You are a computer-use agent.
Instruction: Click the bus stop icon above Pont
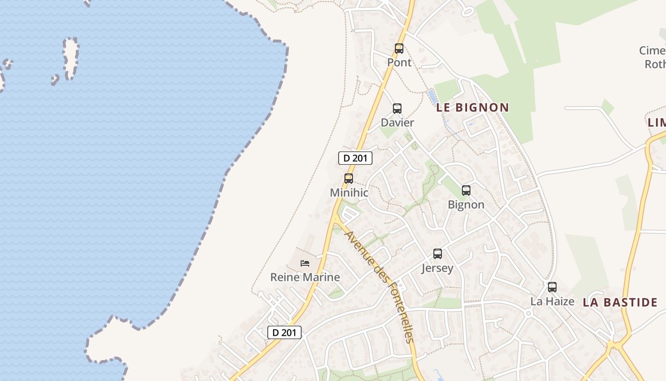click(x=399, y=48)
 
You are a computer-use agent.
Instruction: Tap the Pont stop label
click(x=399, y=62)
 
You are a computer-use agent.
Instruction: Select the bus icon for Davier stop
click(x=397, y=108)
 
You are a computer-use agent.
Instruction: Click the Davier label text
click(x=397, y=122)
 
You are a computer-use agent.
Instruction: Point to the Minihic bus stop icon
click(x=349, y=179)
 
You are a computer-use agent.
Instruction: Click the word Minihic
click(x=349, y=193)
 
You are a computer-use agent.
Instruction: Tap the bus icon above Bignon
click(x=466, y=190)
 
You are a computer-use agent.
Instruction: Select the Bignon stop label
click(x=466, y=205)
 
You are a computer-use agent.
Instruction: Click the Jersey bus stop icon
click(x=438, y=254)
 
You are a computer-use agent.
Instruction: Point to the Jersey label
click(x=438, y=268)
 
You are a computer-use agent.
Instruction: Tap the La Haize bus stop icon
click(x=552, y=287)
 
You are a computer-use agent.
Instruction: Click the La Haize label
click(x=552, y=301)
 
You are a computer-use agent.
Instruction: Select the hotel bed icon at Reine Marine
click(x=305, y=263)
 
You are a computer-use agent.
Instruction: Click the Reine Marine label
click(x=305, y=277)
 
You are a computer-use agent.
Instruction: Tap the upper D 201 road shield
click(x=355, y=158)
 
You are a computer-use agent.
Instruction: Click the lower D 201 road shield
click(x=284, y=332)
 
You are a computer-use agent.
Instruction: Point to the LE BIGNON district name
click(x=472, y=108)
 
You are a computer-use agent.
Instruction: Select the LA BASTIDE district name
click(x=620, y=302)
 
